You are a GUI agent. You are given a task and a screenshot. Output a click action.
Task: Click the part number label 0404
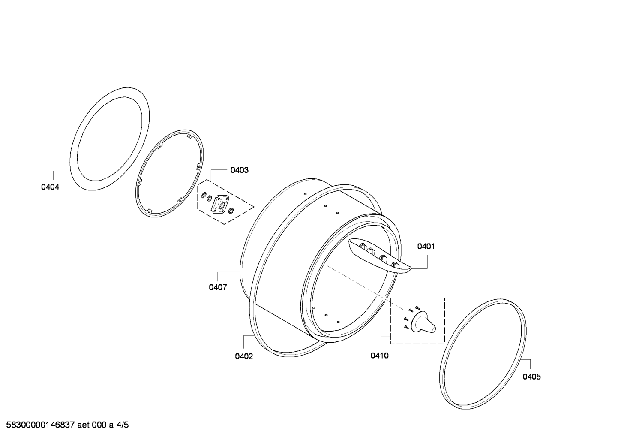click(x=50, y=187)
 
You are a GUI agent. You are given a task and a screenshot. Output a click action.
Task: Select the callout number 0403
click(x=240, y=170)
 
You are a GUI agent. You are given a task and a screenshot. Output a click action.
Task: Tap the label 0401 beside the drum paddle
click(x=426, y=247)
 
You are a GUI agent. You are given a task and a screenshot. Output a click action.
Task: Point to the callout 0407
click(x=218, y=287)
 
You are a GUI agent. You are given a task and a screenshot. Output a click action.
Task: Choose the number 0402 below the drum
click(x=244, y=356)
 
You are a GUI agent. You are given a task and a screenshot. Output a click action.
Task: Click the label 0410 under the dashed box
click(x=379, y=356)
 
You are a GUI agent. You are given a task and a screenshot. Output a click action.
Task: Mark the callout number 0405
click(x=532, y=377)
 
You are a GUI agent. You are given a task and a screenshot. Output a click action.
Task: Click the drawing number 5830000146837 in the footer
click(x=41, y=425)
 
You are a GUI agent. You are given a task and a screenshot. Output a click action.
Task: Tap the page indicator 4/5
click(x=123, y=425)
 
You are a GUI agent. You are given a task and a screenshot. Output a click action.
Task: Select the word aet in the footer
click(x=83, y=425)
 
